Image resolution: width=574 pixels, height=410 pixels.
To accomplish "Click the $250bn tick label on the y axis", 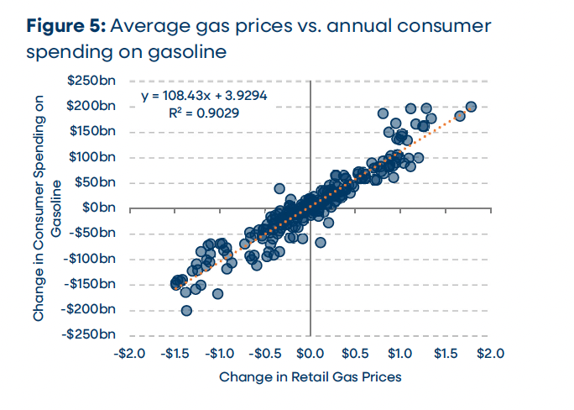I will tap(100, 81).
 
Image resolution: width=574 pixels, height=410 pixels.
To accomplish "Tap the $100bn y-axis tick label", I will tap(100, 157).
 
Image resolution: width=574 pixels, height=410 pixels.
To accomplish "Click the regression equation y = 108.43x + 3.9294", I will tap(204, 96).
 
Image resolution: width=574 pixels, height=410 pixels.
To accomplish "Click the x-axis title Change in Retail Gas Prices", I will tap(310, 377).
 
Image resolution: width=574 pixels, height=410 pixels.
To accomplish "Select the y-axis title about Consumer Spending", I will tap(48, 208).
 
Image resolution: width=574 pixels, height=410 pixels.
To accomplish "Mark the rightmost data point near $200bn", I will tap(471, 107).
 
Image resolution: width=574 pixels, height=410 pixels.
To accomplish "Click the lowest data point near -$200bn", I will tap(186, 310).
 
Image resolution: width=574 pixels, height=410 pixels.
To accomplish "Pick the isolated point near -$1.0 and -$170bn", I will tap(217, 293).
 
